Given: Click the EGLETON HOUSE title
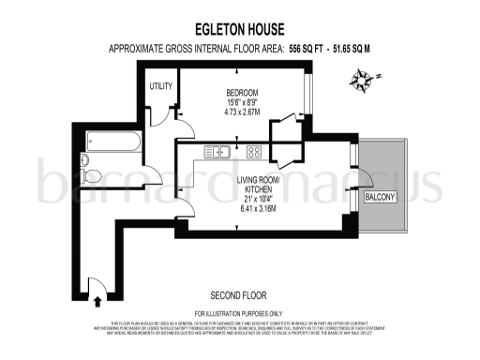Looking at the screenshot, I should (239, 28).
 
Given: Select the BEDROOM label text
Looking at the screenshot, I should (241, 92).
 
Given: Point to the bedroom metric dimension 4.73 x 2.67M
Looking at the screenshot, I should (241, 112).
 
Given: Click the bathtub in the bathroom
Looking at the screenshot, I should (112, 142).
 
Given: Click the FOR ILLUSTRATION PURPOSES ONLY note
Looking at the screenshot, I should (239, 312).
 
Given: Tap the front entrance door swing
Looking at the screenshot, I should (96, 283).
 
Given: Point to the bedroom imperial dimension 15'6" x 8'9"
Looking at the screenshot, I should (241, 102).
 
